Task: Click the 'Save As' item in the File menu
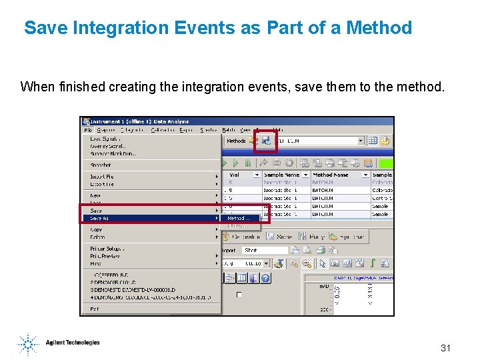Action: pyautogui.click(x=100, y=218)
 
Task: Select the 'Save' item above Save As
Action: pyautogui.click(x=97, y=211)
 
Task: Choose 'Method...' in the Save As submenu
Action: pyautogui.click(x=238, y=218)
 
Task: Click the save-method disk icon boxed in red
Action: pyautogui.click(x=265, y=141)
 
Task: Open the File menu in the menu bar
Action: pyautogui.click(x=87, y=130)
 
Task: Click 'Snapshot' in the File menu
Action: pyautogui.click(x=101, y=165)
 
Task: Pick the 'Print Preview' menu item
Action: pyautogui.click(x=105, y=255)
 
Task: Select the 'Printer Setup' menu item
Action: pyautogui.click(x=107, y=249)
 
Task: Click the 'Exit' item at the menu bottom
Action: pyautogui.click(x=94, y=309)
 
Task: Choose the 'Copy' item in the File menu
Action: pyautogui.click(x=97, y=229)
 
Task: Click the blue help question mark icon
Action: pyautogui.click(x=266, y=278)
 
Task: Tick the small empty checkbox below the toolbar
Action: pyautogui.click(x=239, y=294)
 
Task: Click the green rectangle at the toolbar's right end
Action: pyautogui.click(x=386, y=163)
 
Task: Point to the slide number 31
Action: pyautogui.click(x=446, y=348)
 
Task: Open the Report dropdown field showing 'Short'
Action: pyautogui.click(x=265, y=250)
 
